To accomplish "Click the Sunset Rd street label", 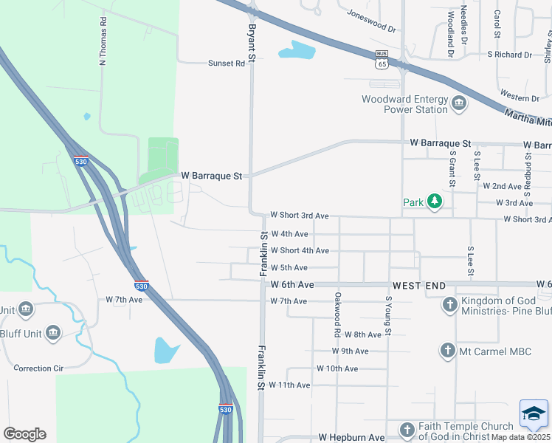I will (x=226, y=63).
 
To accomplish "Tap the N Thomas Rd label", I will (x=103, y=40).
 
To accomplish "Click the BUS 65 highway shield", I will (x=382, y=58).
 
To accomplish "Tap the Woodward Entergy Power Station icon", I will (x=459, y=103).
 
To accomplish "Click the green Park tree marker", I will (x=435, y=202).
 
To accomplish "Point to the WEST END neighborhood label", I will (x=419, y=285).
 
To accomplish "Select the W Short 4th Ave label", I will (x=300, y=251).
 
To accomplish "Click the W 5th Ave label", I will (x=289, y=268).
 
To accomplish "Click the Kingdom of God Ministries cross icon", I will (x=449, y=304).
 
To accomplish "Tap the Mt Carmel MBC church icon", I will (x=446, y=351).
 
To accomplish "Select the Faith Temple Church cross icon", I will (x=407, y=430).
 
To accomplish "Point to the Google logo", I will (x=24, y=434).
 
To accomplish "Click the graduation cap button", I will (x=534, y=414).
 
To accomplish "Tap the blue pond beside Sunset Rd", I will (x=297, y=51).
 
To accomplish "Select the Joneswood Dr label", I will (x=371, y=22).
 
